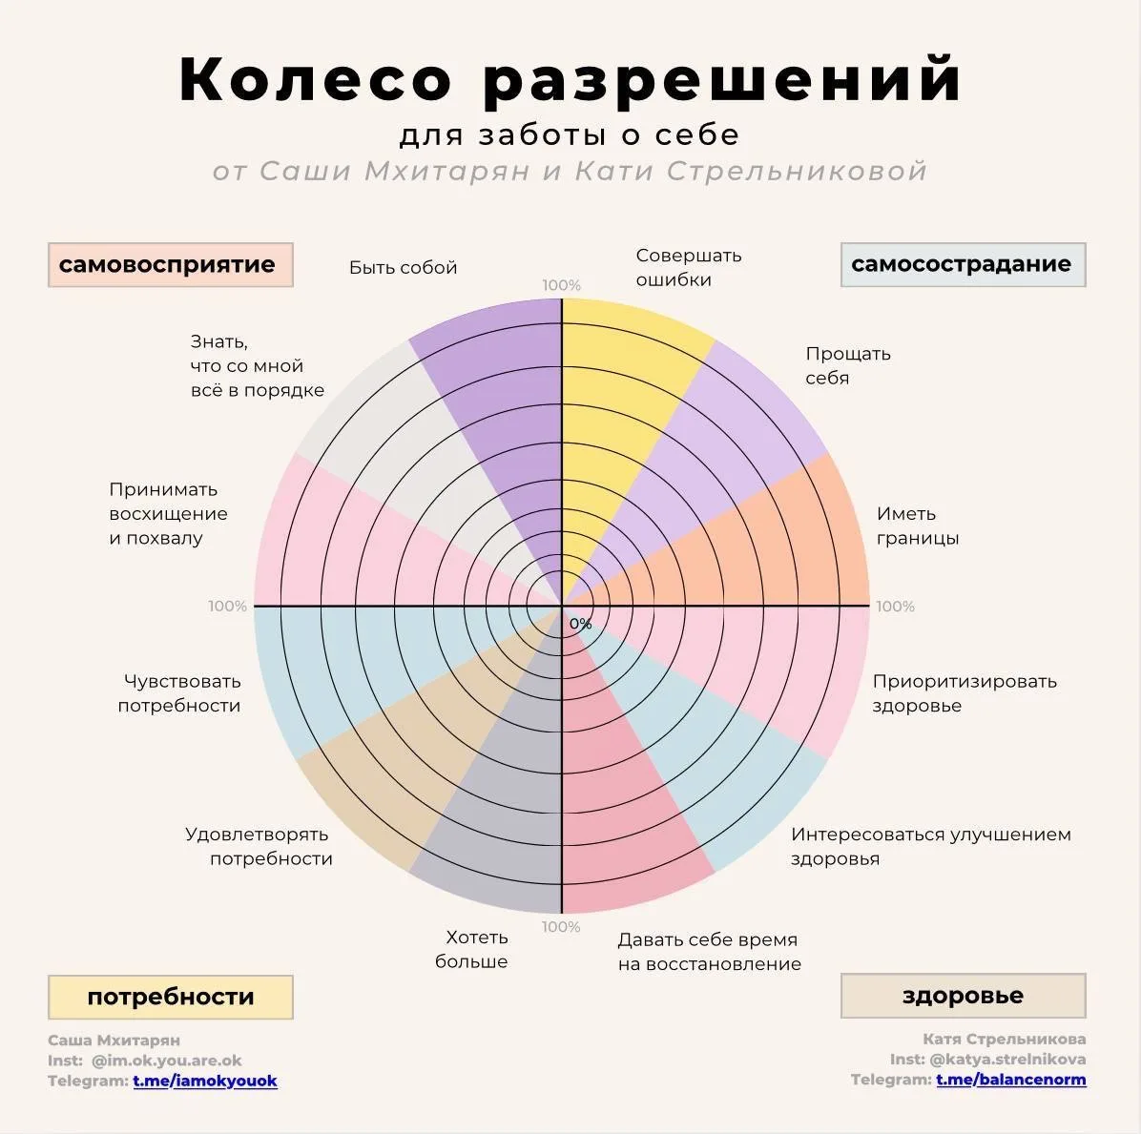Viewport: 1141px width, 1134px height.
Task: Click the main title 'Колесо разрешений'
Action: [570, 79]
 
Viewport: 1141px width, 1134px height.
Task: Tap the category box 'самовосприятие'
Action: [170, 265]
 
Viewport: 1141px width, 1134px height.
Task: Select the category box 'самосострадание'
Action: [963, 265]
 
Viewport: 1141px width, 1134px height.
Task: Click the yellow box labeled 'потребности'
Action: [170, 997]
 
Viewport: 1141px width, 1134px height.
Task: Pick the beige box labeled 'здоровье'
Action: [963, 995]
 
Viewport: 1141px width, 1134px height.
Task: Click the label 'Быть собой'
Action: [404, 268]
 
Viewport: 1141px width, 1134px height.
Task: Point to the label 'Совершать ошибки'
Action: [689, 268]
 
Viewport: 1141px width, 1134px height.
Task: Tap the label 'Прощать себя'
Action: [848, 366]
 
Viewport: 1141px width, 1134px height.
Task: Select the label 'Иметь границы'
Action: [918, 526]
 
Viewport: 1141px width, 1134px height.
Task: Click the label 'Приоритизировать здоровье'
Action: [965, 693]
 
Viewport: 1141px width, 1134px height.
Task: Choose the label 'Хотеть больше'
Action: [471, 949]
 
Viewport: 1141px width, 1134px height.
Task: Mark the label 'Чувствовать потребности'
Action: [179, 693]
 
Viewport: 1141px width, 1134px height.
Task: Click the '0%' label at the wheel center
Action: [580, 624]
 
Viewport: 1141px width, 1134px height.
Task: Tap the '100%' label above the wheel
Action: [561, 286]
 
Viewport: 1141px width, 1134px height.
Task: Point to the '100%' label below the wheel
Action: [561, 927]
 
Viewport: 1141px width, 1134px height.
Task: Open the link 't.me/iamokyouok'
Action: [205, 1081]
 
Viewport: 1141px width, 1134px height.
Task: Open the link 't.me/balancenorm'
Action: [1010, 1080]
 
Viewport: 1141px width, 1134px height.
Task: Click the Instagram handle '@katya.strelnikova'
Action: [1007, 1059]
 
